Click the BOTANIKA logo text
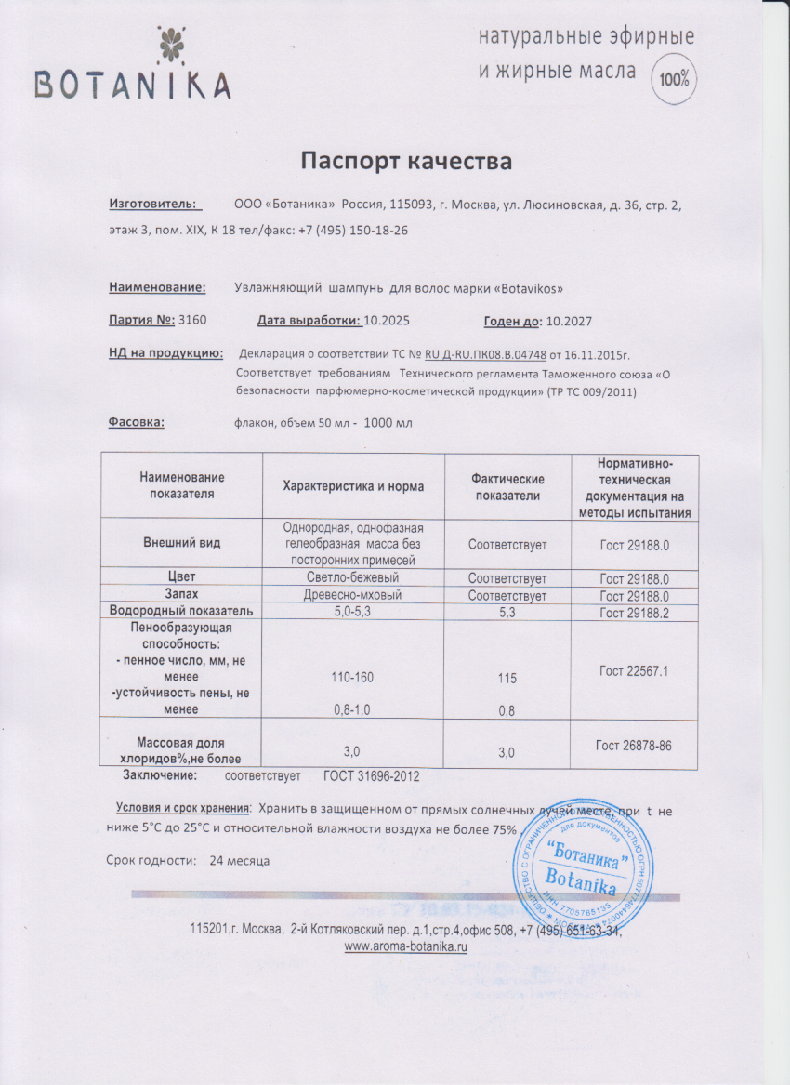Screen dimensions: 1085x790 click(132, 86)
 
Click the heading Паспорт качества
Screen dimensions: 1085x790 click(407, 162)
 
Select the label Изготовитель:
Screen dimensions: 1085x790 click(152, 204)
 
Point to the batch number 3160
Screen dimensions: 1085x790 click(191, 321)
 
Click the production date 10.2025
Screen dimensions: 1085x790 click(386, 321)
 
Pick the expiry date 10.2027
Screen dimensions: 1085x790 click(569, 321)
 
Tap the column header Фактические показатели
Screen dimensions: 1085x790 click(507, 485)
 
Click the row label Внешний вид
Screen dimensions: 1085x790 click(181, 544)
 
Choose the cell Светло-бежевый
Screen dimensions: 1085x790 click(353, 578)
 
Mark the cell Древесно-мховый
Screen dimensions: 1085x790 click(353, 595)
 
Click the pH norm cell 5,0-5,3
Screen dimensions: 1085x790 click(353, 612)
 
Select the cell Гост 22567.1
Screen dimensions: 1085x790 click(635, 669)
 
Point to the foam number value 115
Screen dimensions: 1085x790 click(507, 679)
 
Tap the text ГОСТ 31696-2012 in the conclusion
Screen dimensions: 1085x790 click(371, 775)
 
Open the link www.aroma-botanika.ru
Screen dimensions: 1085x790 click(405, 946)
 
